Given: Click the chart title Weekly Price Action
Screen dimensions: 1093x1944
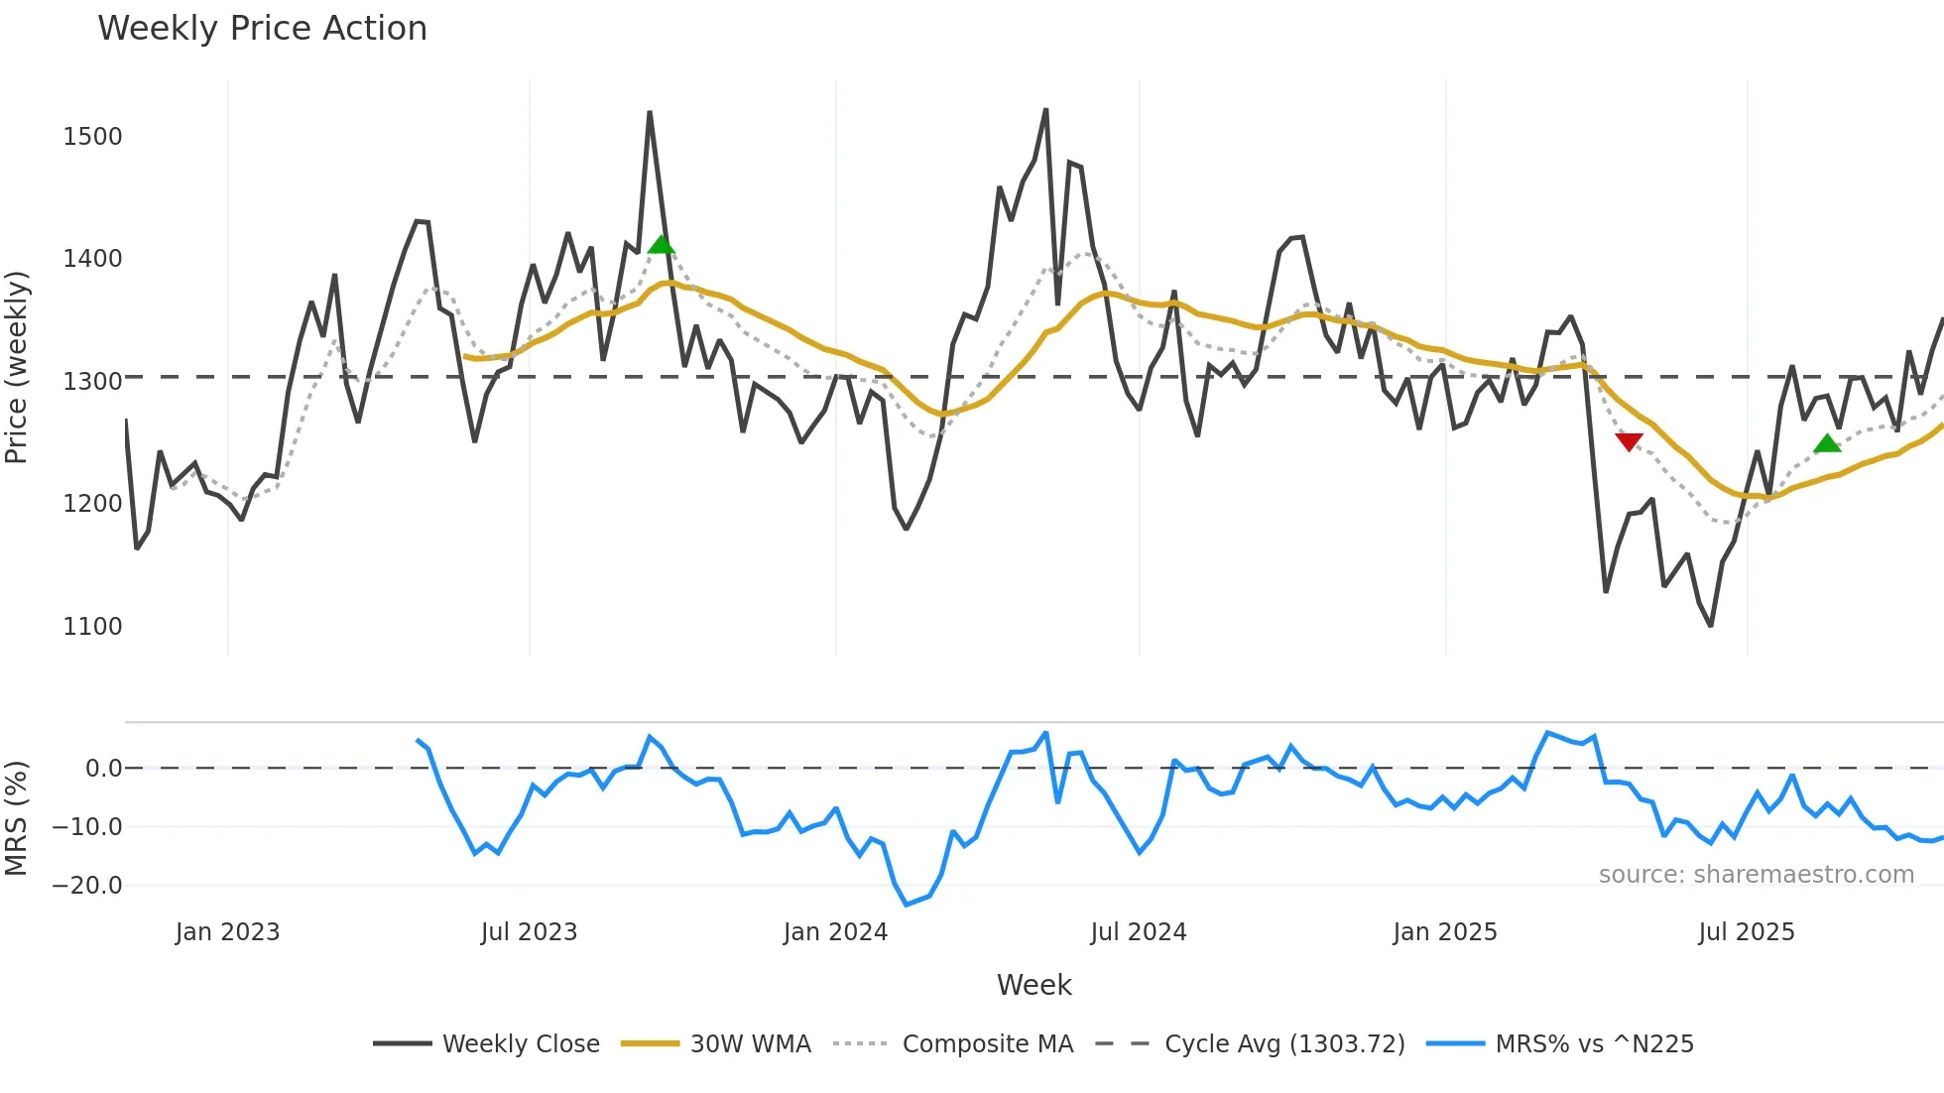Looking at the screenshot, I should click(262, 29).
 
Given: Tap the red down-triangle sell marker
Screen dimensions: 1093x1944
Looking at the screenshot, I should click(1629, 441).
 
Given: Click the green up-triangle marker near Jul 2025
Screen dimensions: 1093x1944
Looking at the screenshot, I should click(1827, 443).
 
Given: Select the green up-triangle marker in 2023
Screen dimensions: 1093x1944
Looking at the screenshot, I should click(662, 244).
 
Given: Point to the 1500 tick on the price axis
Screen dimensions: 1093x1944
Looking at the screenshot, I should click(92, 136).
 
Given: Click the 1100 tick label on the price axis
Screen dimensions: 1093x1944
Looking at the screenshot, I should click(92, 626).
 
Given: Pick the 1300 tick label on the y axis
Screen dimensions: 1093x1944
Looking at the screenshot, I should click(92, 381).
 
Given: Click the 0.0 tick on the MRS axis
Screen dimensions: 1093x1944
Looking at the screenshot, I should click(103, 768).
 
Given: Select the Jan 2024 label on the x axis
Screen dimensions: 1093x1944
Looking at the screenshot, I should click(835, 932).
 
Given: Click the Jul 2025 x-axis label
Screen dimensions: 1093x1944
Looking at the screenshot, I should click(1746, 932).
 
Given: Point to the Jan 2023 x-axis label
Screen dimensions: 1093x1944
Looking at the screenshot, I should click(227, 932).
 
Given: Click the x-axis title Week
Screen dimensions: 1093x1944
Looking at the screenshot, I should click(1033, 985).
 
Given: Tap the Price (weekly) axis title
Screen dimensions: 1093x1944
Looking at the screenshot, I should click(17, 367).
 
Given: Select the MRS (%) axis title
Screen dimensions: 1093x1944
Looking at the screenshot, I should click(17, 818).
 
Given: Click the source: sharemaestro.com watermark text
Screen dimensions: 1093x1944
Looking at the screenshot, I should click(1756, 874).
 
